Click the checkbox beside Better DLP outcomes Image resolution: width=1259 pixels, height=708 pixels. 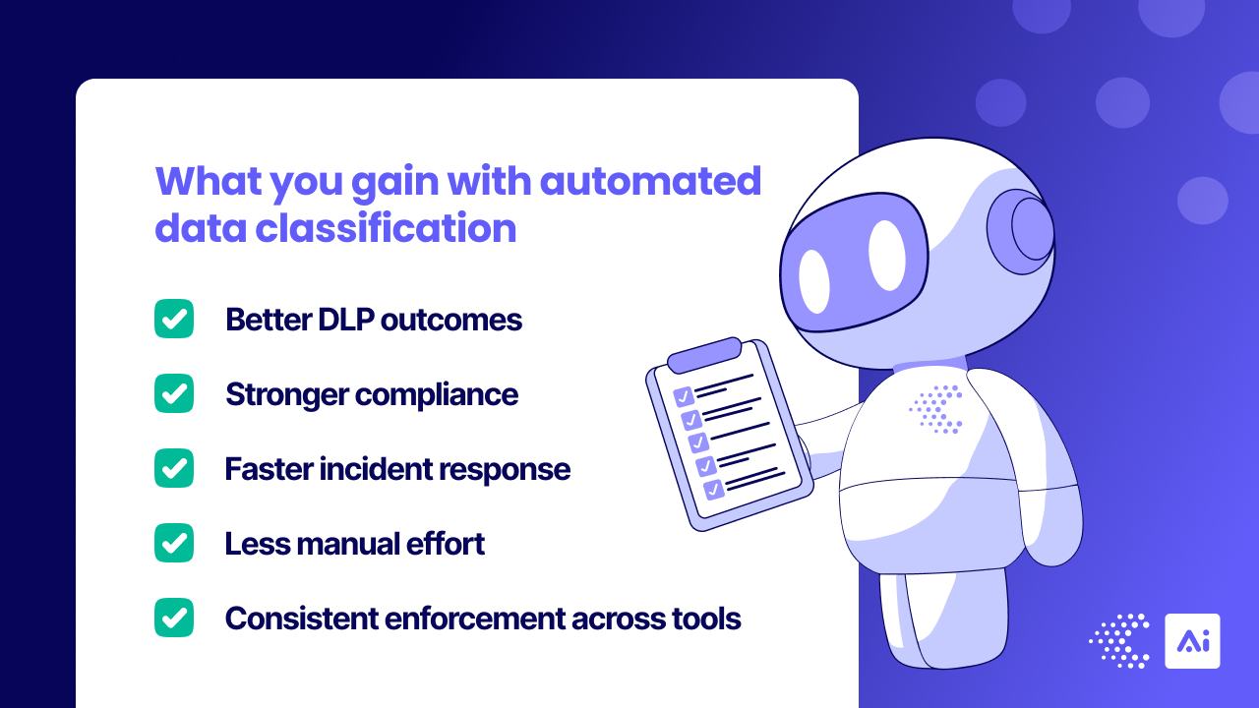pyautogui.click(x=174, y=319)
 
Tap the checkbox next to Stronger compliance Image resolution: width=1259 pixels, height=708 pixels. pyautogui.click(x=174, y=393)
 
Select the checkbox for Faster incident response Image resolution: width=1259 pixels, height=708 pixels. pyautogui.click(x=174, y=468)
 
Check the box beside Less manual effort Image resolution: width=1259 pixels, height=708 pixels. pyautogui.click(x=174, y=543)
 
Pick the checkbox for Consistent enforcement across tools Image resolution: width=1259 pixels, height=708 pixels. pyautogui.click(x=174, y=618)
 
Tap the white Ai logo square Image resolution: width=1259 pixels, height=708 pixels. pyautogui.click(x=1192, y=641)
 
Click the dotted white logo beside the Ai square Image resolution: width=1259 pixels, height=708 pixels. pyautogui.click(x=1120, y=641)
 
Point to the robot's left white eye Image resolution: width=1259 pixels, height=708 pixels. pyautogui.click(x=813, y=281)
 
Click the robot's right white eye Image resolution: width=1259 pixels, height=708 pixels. pyautogui.click(x=886, y=256)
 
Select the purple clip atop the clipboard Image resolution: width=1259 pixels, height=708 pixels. pyautogui.click(x=704, y=354)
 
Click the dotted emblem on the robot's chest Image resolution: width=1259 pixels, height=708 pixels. pyautogui.click(x=935, y=409)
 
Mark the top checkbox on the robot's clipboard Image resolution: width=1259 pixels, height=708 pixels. pyautogui.click(x=684, y=397)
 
